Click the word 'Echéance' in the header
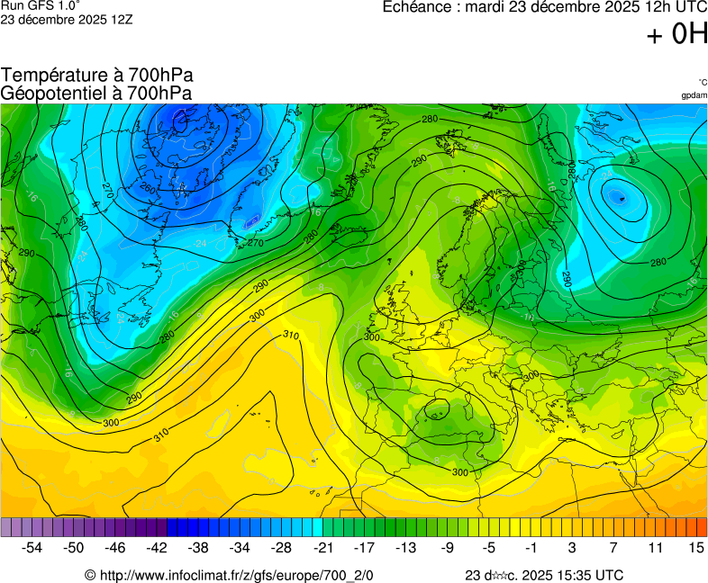[416, 7]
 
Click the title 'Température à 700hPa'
[97, 76]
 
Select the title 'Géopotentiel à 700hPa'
[96, 93]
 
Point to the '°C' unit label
[702, 82]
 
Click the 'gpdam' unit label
[694, 95]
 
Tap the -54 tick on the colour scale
[32, 547]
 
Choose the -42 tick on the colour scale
[158, 547]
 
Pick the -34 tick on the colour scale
[241, 547]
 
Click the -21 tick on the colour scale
[322, 547]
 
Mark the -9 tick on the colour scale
[448, 547]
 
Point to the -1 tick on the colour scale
[531, 547]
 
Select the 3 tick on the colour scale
[572, 547]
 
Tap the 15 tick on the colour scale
[695, 547]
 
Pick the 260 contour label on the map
[148, 190]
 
